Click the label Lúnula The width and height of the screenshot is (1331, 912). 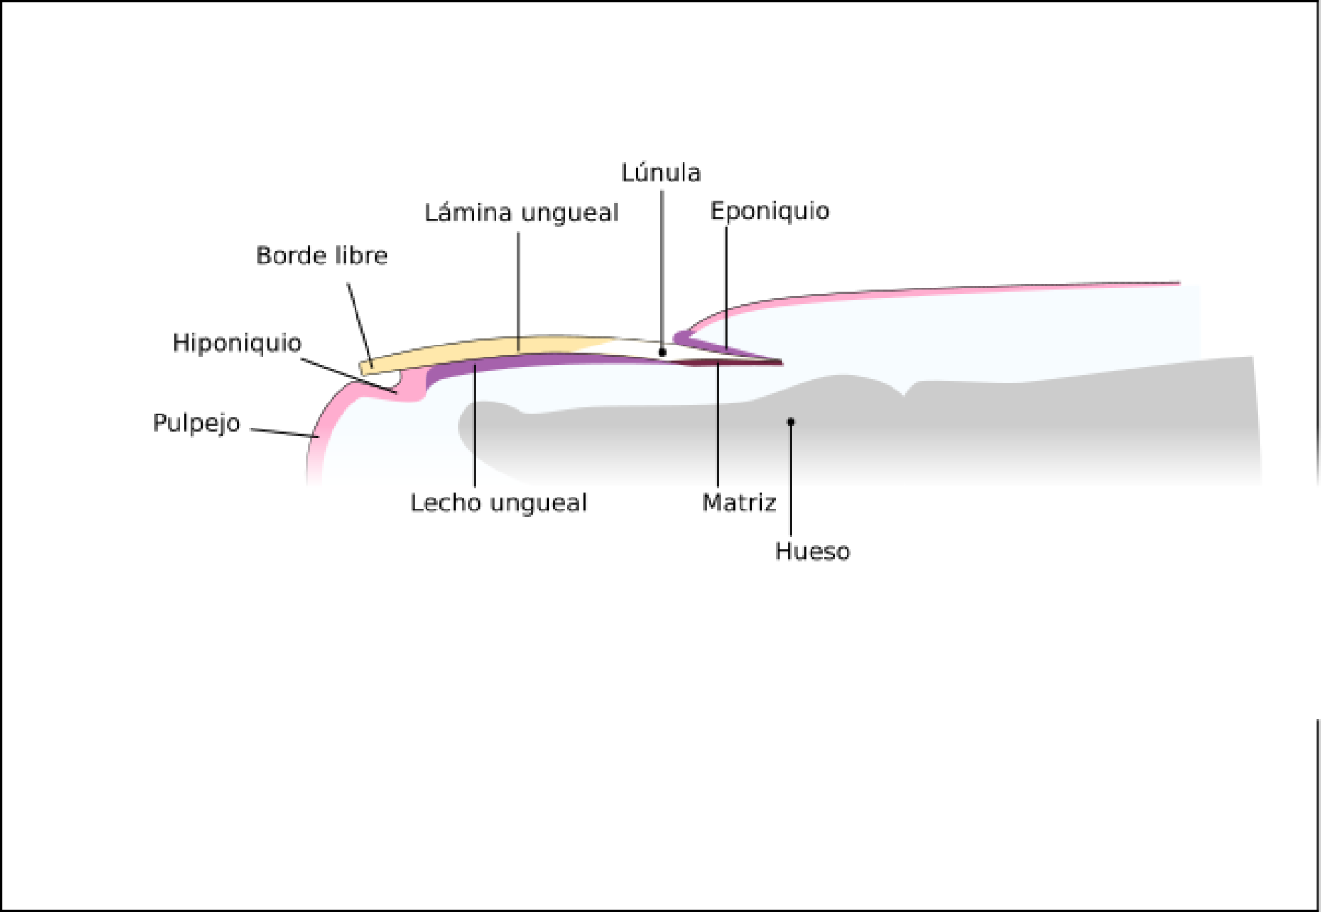pyautogui.click(x=660, y=173)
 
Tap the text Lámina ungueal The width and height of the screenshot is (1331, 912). pyautogui.click(x=521, y=213)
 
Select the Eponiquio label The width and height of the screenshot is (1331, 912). pyautogui.click(x=769, y=211)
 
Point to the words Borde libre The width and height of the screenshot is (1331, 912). pyautogui.click(x=322, y=256)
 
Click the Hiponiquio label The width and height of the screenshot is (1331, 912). pyautogui.click(x=237, y=343)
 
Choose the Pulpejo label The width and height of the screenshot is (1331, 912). pyautogui.click(x=196, y=423)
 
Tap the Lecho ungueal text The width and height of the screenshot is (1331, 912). pyautogui.click(x=498, y=503)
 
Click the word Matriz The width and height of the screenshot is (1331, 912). pyautogui.click(x=739, y=503)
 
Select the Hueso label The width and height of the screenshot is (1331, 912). pyautogui.click(x=812, y=552)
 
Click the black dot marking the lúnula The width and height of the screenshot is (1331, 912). pyautogui.click(x=662, y=352)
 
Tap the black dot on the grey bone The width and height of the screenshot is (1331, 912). pyautogui.click(x=791, y=422)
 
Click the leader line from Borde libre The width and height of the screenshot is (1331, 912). pyautogui.click(x=359, y=323)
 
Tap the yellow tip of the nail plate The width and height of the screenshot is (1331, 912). pyautogui.click(x=366, y=367)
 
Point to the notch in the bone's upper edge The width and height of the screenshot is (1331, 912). pyautogui.click(x=905, y=394)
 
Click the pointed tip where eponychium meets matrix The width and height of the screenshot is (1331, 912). pyautogui.click(x=781, y=362)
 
